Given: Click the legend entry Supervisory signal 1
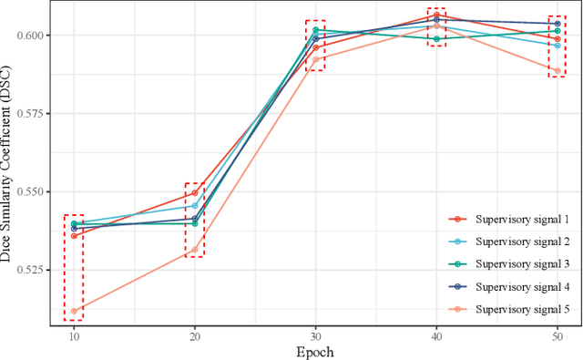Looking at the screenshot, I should click(x=516, y=219).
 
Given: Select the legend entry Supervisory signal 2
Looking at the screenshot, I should click(x=516, y=242).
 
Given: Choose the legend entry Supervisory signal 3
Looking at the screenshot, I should click(x=516, y=264).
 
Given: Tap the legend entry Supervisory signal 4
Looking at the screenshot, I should click(x=516, y=287).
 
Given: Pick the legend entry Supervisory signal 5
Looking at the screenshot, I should click(x=516, y=310).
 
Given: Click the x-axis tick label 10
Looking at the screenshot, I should click(x=74, y=334).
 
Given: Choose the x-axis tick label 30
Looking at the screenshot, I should click(x=315, y=334).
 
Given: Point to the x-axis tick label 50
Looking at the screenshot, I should click(x=557, y=334).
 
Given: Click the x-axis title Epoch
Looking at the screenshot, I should click(x=315, y=351).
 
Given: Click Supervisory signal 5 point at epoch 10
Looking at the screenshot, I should click(x=74, y=311).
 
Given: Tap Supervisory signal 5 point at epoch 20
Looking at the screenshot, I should click(x=194, y=250).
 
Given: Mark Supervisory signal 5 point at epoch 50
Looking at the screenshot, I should click(x=557, y=70).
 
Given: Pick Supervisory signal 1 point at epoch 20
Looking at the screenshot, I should click(x=194, y=193).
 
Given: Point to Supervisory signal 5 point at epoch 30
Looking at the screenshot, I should click(x=315, y=59).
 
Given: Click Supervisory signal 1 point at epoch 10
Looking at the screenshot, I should click(x=74, y=235).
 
